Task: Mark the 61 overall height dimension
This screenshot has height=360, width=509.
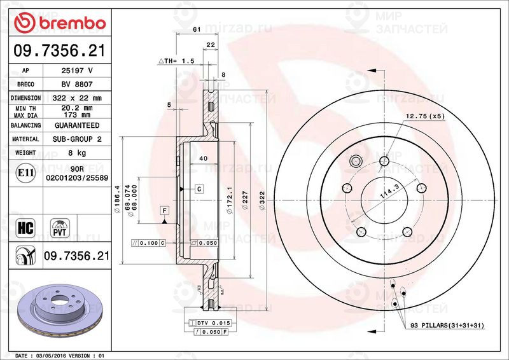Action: (197, 30)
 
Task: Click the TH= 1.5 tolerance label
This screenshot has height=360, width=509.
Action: (179, 60)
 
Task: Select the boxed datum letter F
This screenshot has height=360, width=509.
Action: (164, 210)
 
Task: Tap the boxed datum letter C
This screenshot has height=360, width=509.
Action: (199, 189)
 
